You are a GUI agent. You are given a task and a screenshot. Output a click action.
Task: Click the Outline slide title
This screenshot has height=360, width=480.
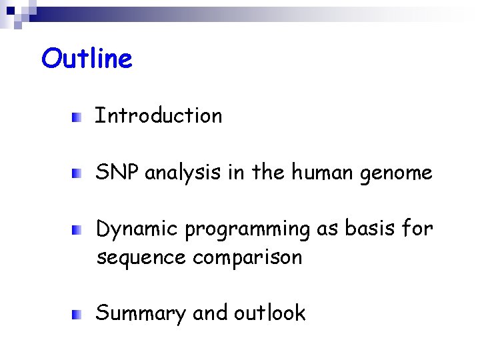click(x=87, y=59)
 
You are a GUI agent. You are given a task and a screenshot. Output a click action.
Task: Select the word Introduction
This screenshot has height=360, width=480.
click(x=159, y=116)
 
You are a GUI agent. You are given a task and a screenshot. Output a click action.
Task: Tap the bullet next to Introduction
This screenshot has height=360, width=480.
click(x=78, y=118)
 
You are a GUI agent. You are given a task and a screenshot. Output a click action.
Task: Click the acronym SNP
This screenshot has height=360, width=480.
click(x=118, y=173)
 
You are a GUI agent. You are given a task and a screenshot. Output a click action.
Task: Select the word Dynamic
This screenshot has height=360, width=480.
click(x=137, y=230)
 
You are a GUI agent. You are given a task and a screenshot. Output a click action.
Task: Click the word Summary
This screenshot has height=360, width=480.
click(x=141, y=314)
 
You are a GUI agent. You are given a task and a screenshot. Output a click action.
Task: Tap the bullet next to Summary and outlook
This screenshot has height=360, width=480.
click(x=78, y=315)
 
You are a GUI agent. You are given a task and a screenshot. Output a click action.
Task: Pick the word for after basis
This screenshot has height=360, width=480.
click(x=417, y=229)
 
